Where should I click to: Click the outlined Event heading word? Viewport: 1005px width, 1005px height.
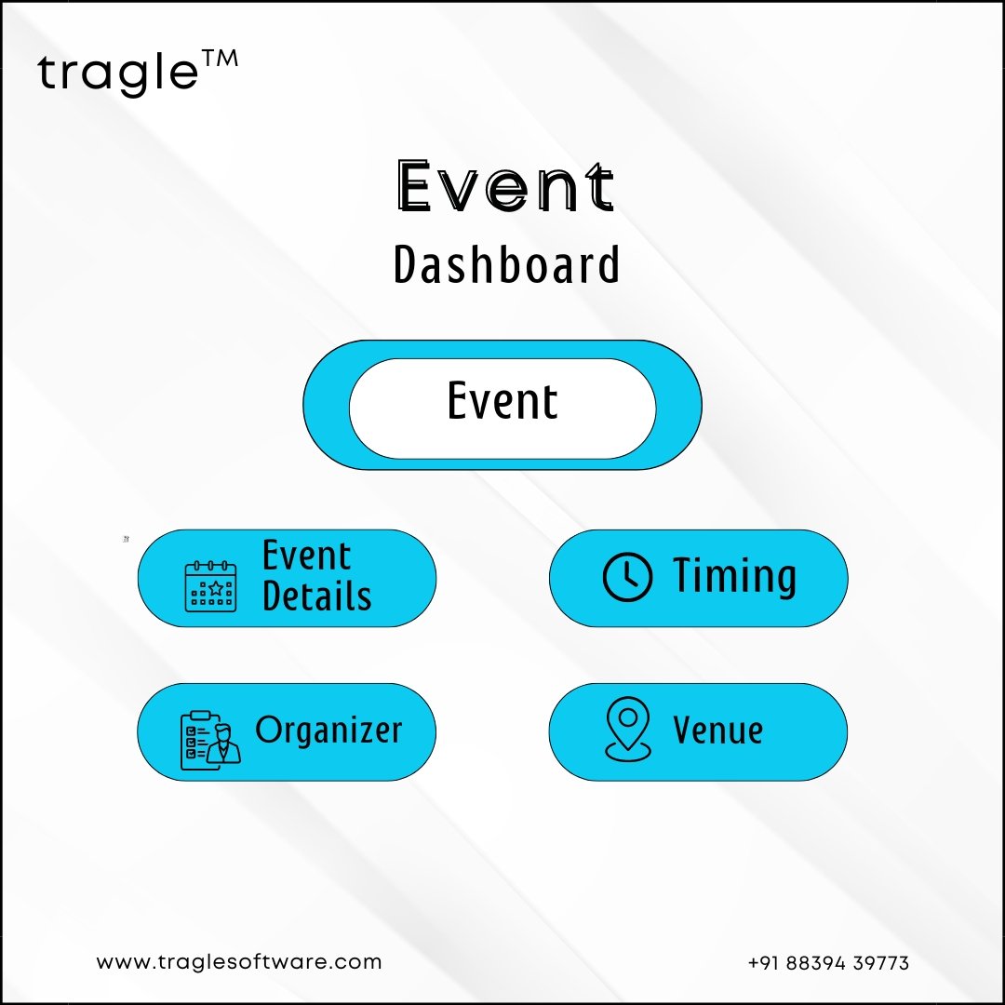pyautogui.click(x=505, y=186)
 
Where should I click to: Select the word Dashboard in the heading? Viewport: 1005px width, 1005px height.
pyautogui.click(x=506, y=264)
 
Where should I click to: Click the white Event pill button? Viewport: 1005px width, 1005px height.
pyautogui.click(x=502, y=409)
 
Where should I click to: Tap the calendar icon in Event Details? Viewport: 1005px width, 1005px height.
pyautogui.click(x=211, y=586)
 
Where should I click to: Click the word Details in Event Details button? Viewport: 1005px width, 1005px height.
pyautogui.click(x=316, y=596)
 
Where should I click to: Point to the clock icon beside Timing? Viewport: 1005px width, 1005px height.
pyautogui.click(x=627, y=577)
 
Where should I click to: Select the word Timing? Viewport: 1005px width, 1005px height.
pyautogui.click(x=734, y=576)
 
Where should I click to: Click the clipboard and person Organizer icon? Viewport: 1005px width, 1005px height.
pyautogui.click(x=210, y=740)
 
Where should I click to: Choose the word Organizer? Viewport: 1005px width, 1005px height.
pyautogui.click(x=328, y=730)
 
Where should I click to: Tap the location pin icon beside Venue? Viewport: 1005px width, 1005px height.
pyautogui.click(x=628, y=729)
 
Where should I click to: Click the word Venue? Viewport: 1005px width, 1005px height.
pyautogui.click(x=717, y=730)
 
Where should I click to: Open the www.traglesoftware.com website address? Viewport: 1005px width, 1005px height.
pyautogui.click(x=239, y=962)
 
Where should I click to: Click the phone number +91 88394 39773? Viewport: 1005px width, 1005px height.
pyautogui.click(x=828, y=963)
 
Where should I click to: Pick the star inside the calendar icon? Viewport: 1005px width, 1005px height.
pyautogui.click(x=216, y=588)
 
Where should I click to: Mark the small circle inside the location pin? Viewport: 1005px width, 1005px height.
pyautogui.click(x=628, y=717)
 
